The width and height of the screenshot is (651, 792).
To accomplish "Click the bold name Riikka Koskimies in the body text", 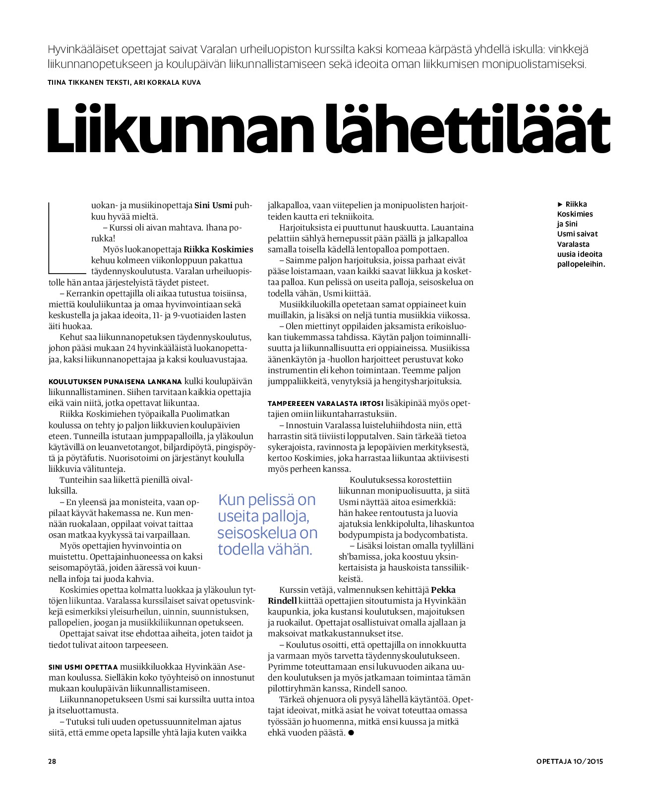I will point(218,249).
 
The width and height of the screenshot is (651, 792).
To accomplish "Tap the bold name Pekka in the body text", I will point(443,590).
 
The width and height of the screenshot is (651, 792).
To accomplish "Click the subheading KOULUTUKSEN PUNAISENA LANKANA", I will point(115,382).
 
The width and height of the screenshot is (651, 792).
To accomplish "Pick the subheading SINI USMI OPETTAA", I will point(83,667).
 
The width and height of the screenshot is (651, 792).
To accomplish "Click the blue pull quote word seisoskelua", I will point(267,533).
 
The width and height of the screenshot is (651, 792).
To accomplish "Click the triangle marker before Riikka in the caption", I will point(560,204).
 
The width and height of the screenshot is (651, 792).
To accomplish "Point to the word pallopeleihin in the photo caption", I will point(581,264).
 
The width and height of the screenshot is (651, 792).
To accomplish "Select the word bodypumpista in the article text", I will point(361,535).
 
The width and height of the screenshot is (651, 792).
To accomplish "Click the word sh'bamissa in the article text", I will point(360,557).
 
